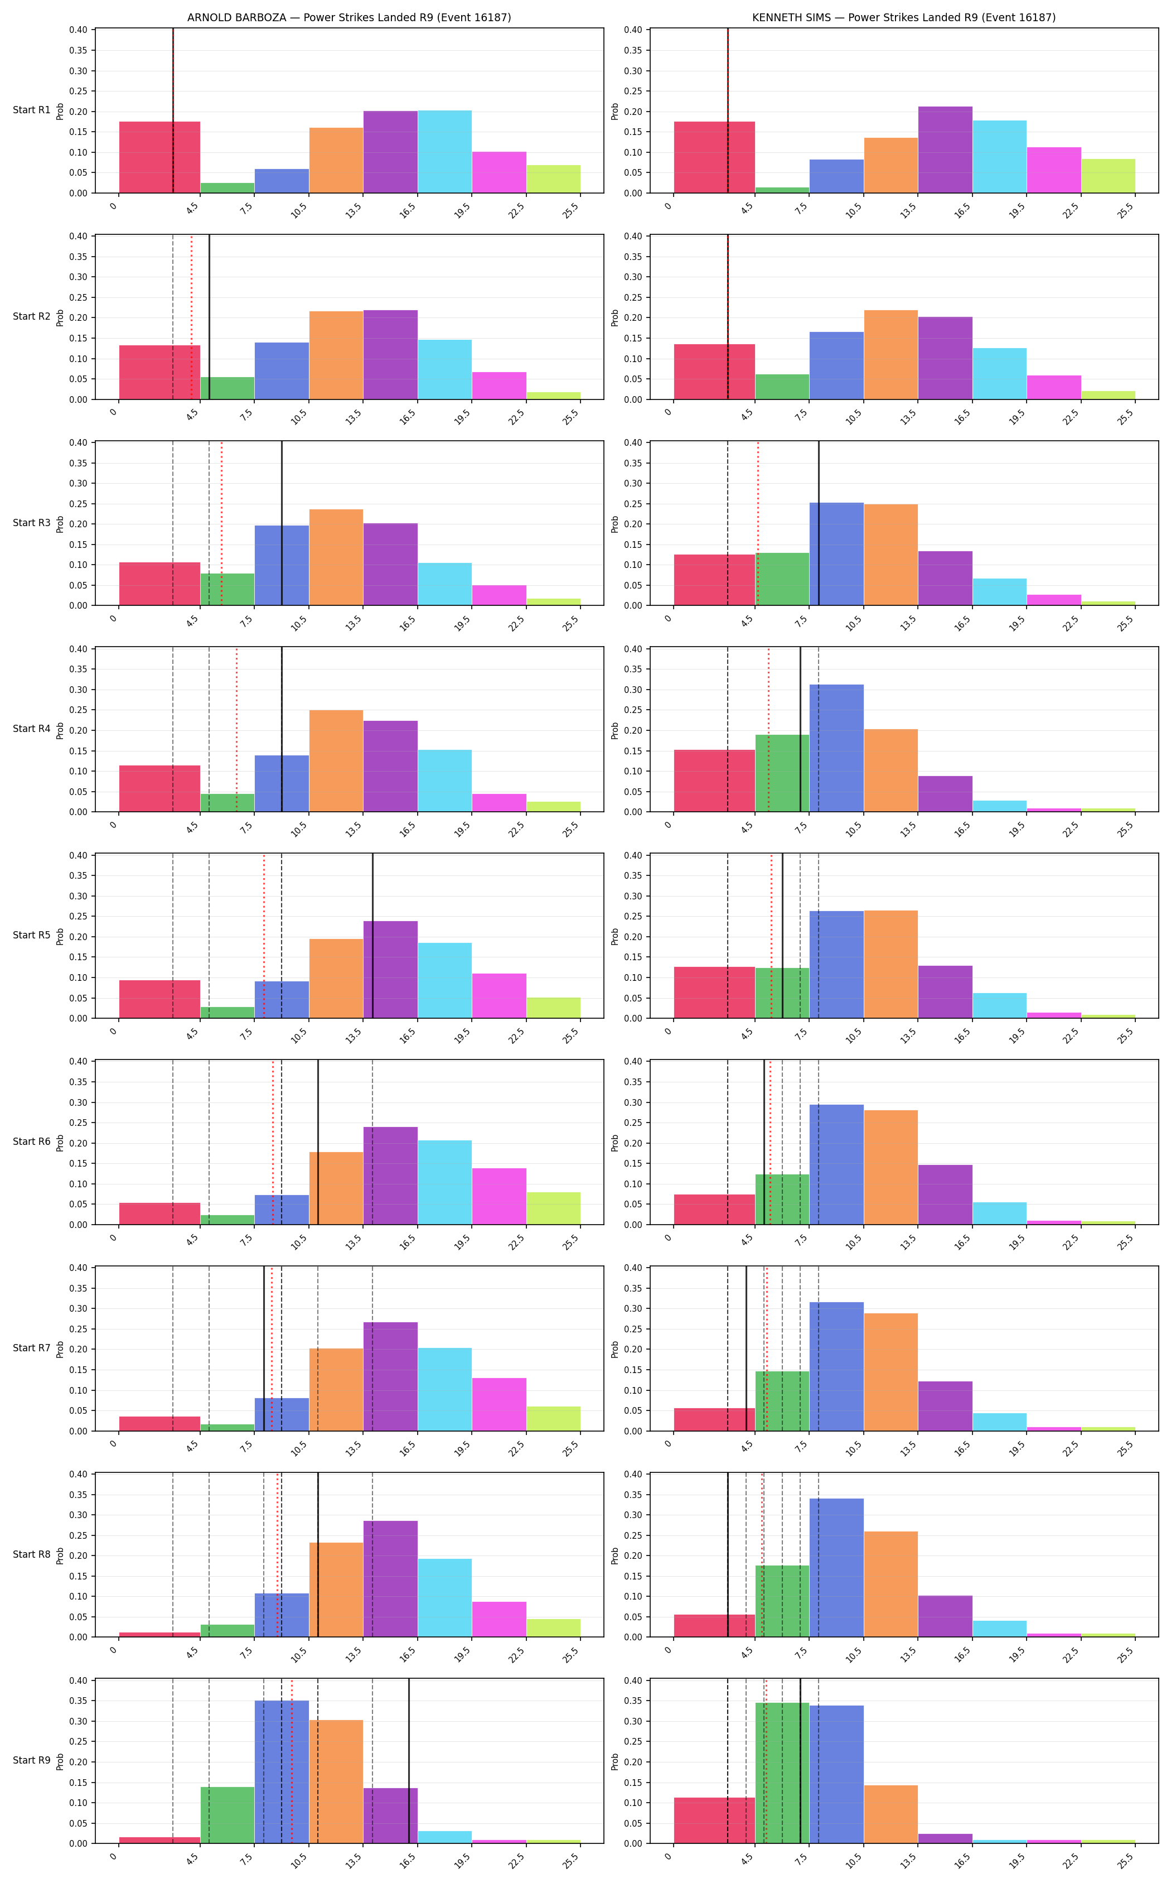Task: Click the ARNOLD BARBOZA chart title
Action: tap(349, 17)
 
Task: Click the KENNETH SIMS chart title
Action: tap(904, 17)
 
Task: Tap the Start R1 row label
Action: tap(32, 110)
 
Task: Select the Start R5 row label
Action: tap(32, 935)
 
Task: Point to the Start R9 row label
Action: tap(32, 1761)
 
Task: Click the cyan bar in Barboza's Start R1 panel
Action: tap(444, 152)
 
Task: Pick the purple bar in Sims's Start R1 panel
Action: tap(946, 150)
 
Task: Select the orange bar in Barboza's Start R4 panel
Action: tap(336, 761)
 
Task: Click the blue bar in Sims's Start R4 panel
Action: tap(836, 749)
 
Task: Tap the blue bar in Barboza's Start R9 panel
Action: tap(282, 1772)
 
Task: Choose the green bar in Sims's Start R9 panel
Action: tap(782, 1773)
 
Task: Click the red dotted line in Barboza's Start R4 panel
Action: tap(236, 730)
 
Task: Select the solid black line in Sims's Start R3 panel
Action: tap(819, 524)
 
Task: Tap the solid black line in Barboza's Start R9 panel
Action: tap(409, 1761)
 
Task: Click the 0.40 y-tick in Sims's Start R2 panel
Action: tap(632, 237)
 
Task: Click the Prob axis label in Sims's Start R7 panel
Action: tap(615, 1349)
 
